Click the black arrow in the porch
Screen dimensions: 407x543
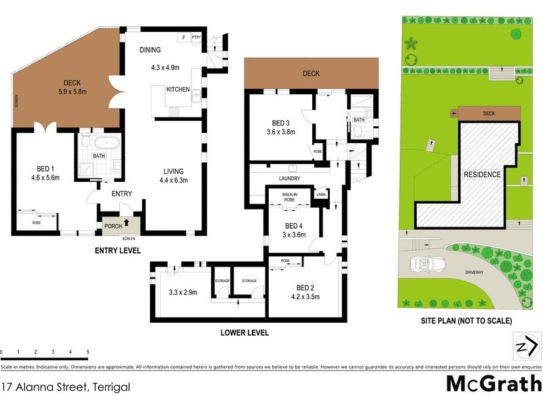click(x=126, y=222)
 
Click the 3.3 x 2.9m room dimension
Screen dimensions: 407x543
click(x=183, y=292)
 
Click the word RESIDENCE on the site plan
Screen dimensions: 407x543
click(x=483, y=174)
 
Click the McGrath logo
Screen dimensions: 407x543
click(x=493, y=383)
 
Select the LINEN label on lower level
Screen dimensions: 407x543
click(x=321, y=195)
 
